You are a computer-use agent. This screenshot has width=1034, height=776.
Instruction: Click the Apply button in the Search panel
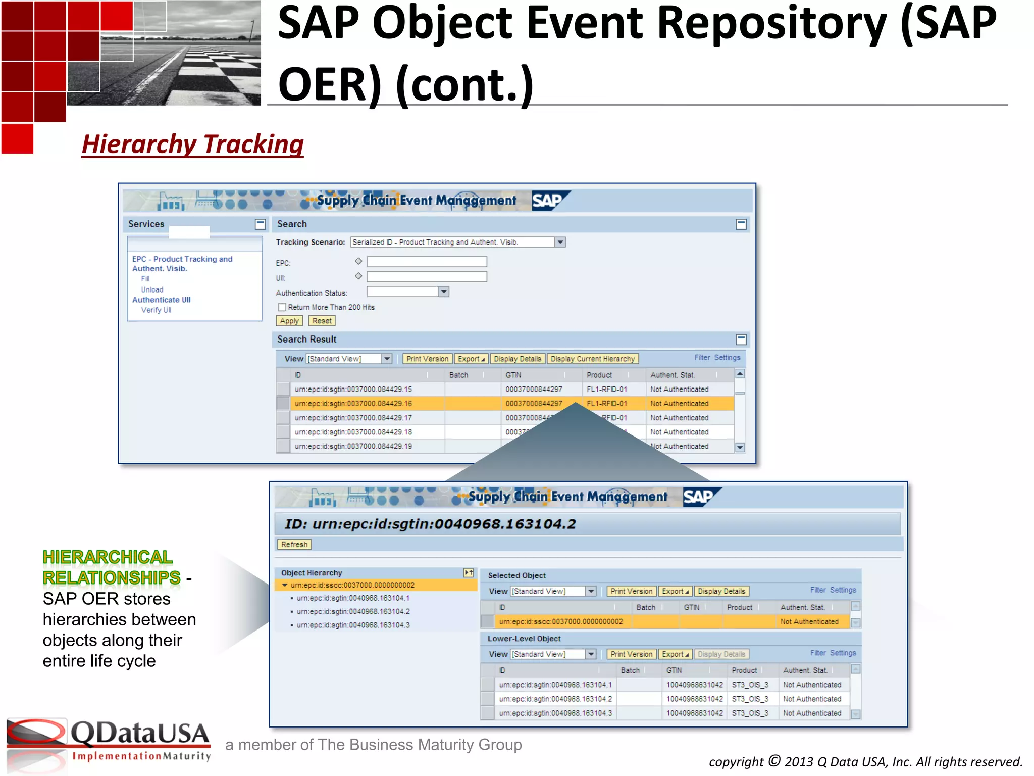pyautogui.click(x=289, y=321)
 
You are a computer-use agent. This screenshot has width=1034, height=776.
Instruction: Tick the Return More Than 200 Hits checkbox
pyautogui.click(x=282, y=307)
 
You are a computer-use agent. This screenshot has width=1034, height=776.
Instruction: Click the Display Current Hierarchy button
pyautogui.click(x=592, y=359)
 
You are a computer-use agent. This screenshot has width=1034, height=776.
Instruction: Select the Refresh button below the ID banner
pyautogui.click(x=294, y=544)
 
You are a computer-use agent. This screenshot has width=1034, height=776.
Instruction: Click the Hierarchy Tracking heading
pyautogui.click(x=193, y=144)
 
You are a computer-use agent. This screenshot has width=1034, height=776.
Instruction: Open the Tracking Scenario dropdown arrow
pyautogui.click(x=560, y=243)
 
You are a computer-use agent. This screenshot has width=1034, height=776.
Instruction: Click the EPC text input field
pyautogui.click(x=427, y=262)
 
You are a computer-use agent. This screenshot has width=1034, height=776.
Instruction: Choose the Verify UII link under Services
pyautogui.click(x=156, y=310)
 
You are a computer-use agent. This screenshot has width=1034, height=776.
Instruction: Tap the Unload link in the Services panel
pyautogui.click(x=152, y=289)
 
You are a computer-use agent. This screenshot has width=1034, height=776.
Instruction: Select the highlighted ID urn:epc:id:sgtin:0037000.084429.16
pyautogui.click(x=353, y=404)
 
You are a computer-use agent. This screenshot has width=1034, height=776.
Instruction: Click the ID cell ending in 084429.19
pyautogui.click(x=353, y=447)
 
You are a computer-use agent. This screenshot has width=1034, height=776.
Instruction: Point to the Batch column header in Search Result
pyautogui.click(x=458, y=375)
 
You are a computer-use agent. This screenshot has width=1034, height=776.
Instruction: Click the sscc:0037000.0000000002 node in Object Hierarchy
pyautogui.click(x=352, y=585)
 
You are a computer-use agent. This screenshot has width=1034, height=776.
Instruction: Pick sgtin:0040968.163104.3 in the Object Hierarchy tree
pyautogui.click(x=353, y=625)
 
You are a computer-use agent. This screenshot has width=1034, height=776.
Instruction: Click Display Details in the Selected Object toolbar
pyautogui.click(x=721, y=591)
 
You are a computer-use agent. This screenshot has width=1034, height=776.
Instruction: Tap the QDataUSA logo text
pyautogui.click(x=140, y=734)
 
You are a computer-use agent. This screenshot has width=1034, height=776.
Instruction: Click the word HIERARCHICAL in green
pyautogui.click(x=108, y=557)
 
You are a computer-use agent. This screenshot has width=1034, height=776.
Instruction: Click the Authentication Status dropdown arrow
pyautogui.click(x=443, y=292)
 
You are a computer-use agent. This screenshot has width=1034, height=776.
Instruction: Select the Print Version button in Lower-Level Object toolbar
pyautogui.click(x=631, y=654)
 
